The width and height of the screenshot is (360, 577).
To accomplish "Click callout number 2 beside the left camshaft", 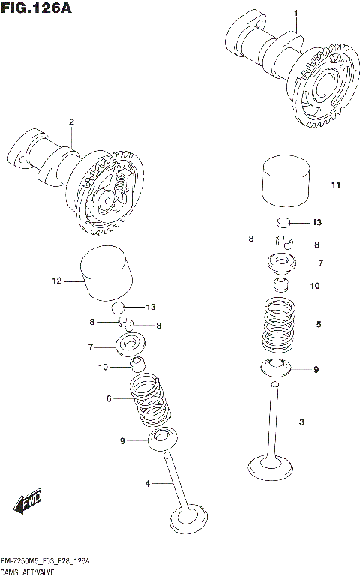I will [71, 122].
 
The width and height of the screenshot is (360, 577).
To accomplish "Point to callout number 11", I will [335, 184].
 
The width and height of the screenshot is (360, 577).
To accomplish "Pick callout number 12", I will [55, 281].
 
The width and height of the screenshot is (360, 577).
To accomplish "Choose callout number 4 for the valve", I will [148, 484].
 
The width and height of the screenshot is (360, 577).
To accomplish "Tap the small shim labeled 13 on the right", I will [283, 222].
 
